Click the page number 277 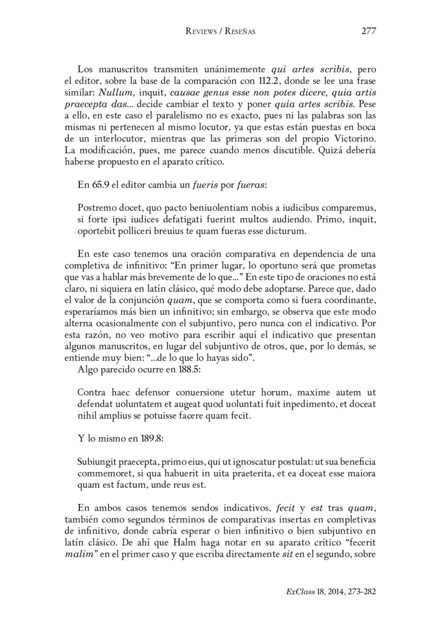[368, 31]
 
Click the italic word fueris [205, 186]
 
